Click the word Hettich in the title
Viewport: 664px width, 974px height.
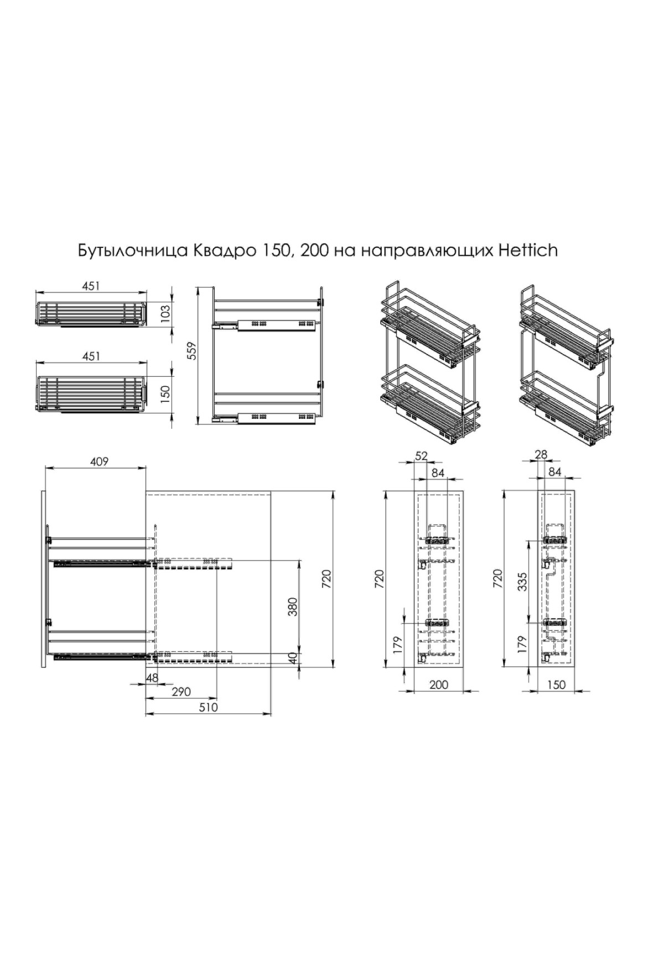[x=528, y=251]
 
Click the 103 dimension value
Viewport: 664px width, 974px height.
[x=165, y=314]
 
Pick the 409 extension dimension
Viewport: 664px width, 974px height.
[x=99, y=461]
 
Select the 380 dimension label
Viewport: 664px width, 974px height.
[x=293, y=607]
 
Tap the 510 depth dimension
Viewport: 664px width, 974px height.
[x=209, y=707]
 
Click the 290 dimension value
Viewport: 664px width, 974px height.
[x=181, y=692]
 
